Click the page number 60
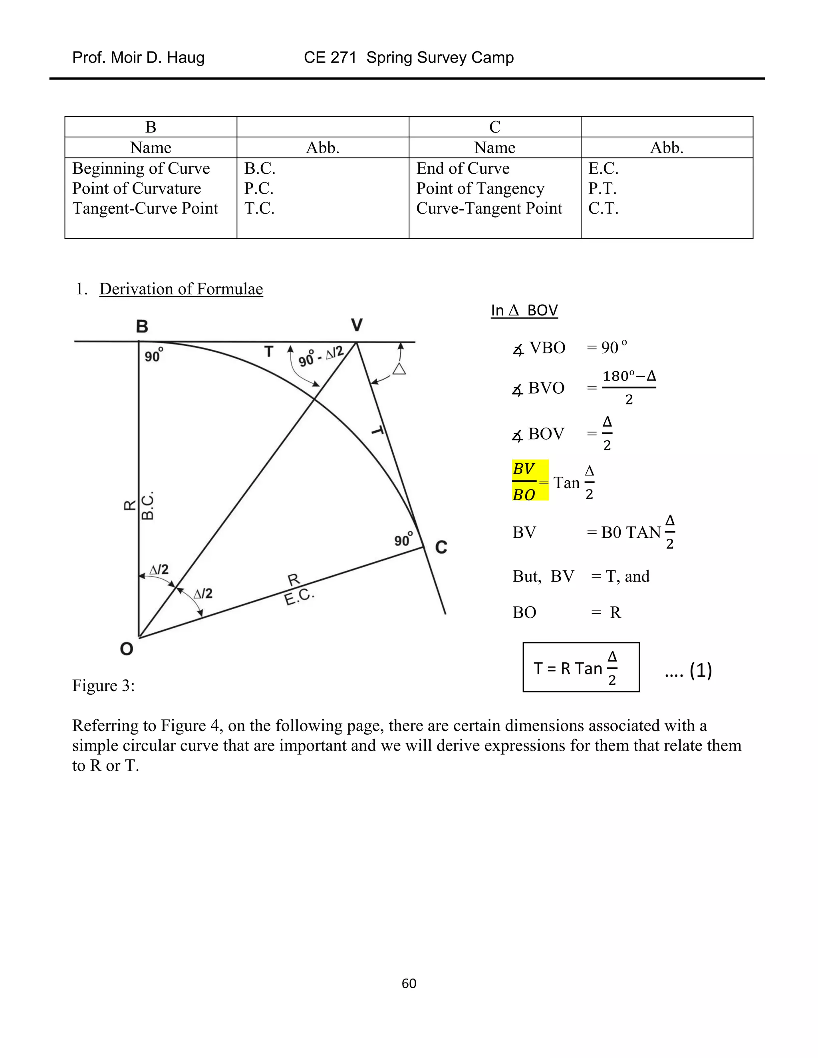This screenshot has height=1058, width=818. [x=409, y=983]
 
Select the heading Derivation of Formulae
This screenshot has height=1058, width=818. [x=181, y=289]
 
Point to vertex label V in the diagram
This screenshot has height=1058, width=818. [x=357, y=325]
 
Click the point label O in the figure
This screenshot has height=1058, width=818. [x=127, y=649]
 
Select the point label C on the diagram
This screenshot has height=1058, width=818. [x=441, y=547]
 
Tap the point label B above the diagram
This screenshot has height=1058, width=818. [x=141, y=327]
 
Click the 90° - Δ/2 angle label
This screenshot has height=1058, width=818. [x=321, y=357]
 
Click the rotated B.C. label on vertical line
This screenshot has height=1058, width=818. [x=147, y=506]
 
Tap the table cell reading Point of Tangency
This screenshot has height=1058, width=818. [x=480, y=188]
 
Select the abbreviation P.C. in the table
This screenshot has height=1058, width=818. [x=259, y=188]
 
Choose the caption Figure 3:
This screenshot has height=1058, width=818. [x=103, y=686]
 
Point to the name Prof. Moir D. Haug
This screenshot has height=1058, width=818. [x=138, y=57]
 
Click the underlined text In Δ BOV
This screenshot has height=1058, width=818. [x=524, y=310]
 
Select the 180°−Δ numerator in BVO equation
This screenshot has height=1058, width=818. [x=629, y=376]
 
